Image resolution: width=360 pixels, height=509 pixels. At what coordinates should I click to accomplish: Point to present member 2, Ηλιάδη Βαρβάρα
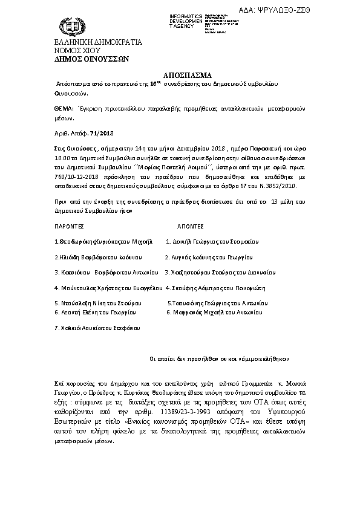pyautogui.click(x=90, y=256)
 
